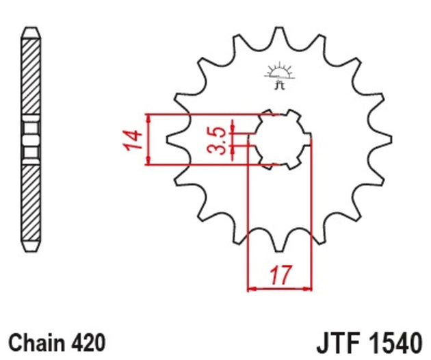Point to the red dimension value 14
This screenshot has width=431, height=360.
(x=134, y=139)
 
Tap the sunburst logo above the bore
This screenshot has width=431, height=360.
(x=278, y=71)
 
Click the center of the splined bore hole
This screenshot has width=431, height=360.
(x=278, y=139)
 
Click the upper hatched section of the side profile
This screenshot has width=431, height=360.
(x=32, y=75)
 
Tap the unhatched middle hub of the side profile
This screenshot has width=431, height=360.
(x=32, y=139)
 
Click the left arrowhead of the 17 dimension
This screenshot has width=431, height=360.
(x=251, y=288)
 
